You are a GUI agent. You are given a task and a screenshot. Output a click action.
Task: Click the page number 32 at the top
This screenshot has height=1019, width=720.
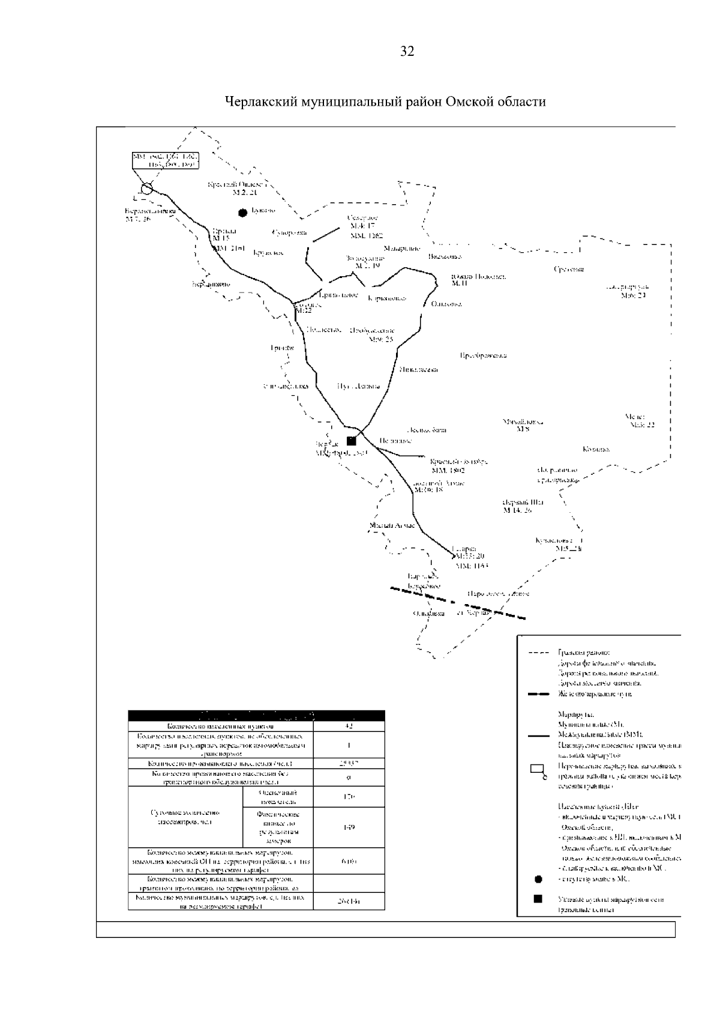[x=407, y=52]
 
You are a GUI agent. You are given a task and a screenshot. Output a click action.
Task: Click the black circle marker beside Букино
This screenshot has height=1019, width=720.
[x=242, y=212]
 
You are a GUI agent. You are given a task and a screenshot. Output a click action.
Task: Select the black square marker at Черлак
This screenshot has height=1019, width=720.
[x=352, y=441]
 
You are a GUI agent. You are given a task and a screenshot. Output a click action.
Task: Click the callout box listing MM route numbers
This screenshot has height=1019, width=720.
[x=165, y=160]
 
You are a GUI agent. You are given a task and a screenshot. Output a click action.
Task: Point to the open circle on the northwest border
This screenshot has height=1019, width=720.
[x=146, y=189]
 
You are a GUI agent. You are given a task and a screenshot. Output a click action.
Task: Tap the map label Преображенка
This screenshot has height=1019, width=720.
[x=483, y=355]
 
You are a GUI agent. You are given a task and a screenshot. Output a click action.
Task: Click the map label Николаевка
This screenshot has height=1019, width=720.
[x=418, y=370]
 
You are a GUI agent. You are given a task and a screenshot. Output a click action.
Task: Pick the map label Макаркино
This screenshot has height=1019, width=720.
[x=401, y=249]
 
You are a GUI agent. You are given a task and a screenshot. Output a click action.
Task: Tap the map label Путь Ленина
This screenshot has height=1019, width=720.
[x=359, y=386]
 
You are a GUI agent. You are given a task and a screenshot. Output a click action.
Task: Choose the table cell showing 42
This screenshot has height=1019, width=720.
[x=349, y=726]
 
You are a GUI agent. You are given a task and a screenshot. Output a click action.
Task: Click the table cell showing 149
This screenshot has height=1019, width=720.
[x=349, y=827]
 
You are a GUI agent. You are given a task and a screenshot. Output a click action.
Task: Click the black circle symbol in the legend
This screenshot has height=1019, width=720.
[x=538, y=880]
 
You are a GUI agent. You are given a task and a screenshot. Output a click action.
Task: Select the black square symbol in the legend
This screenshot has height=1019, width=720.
[x=538, y=899]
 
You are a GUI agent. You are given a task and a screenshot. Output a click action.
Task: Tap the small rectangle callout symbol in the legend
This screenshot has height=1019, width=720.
[x=538, y=770]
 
